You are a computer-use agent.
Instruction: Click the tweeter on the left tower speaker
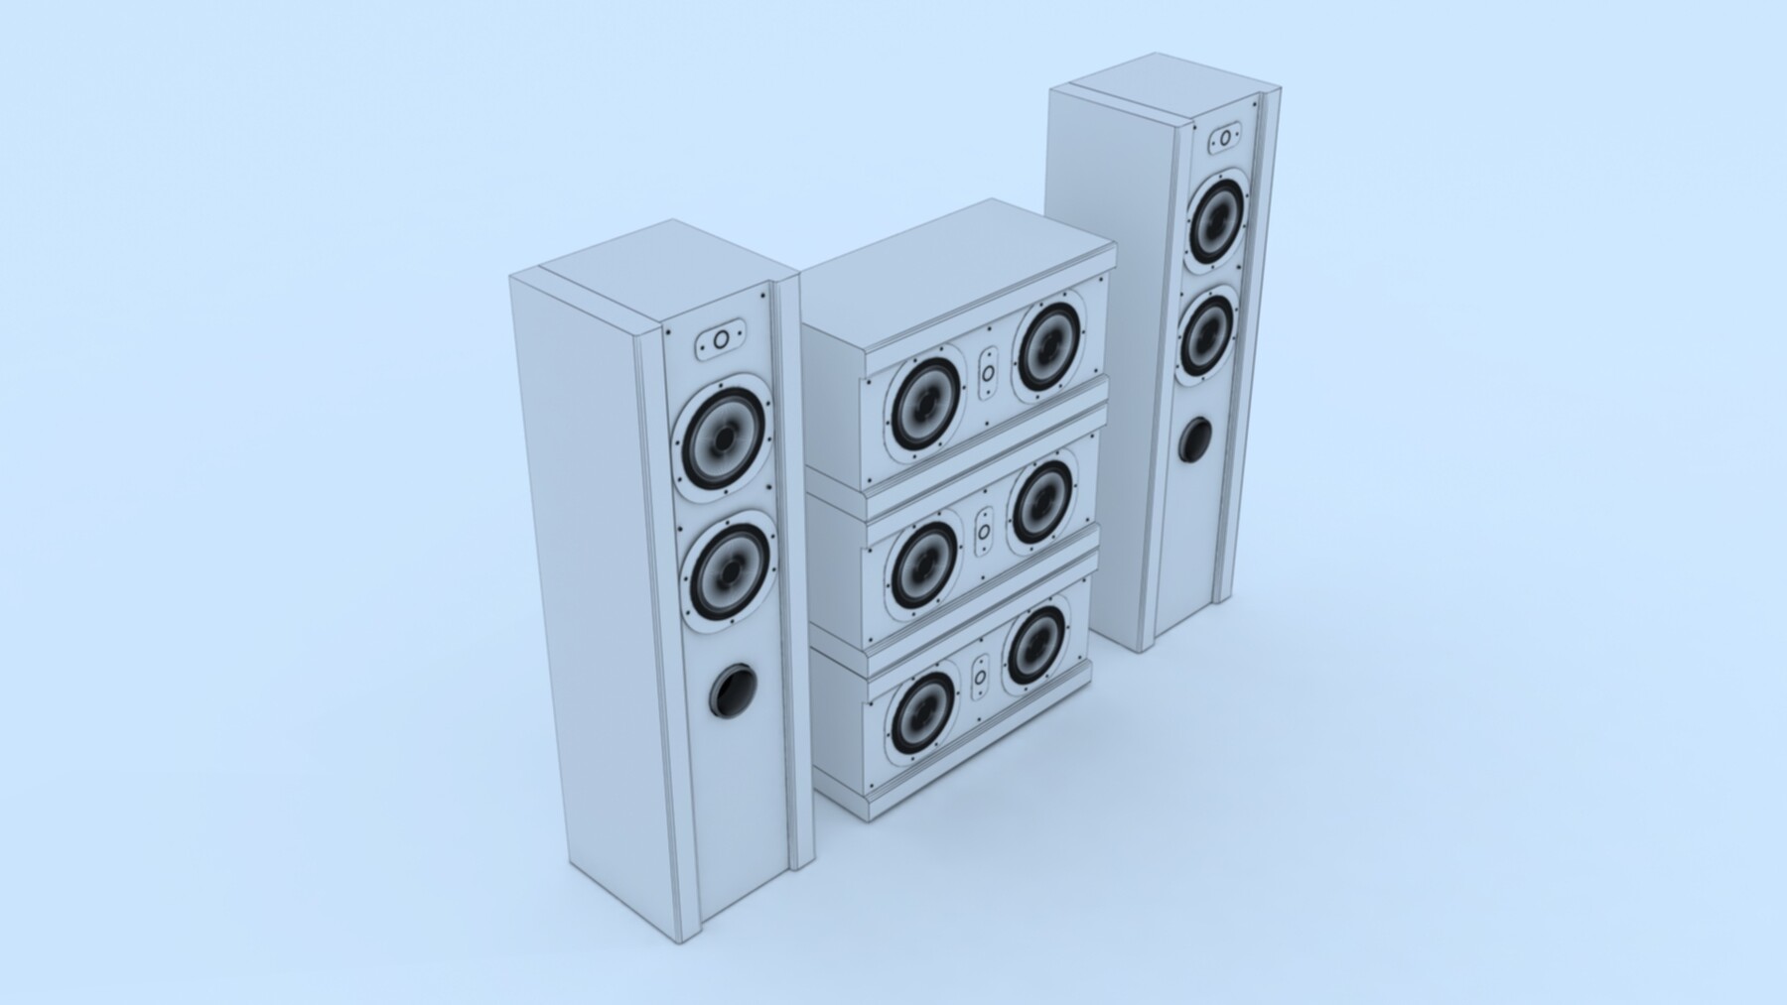pyautogui.click(x=721, y=340)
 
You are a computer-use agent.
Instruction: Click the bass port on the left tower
pyautogui.click(x=732, y=691)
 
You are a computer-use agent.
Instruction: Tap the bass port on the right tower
pyautogui.click(x=1194, y=440)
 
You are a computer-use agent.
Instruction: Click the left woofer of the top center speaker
pyautogui.click(x=925, y=404)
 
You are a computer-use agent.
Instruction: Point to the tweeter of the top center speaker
pyautogui.click(x=988, y=374)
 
